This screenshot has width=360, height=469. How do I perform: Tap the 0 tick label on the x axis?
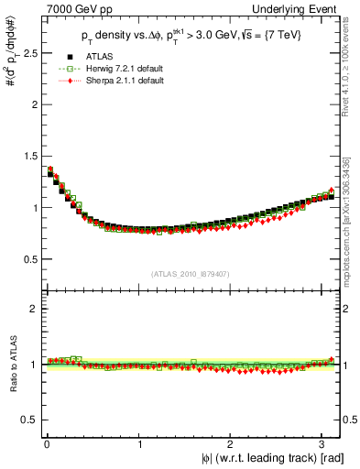pyautogui.click(x=47, y=443)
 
